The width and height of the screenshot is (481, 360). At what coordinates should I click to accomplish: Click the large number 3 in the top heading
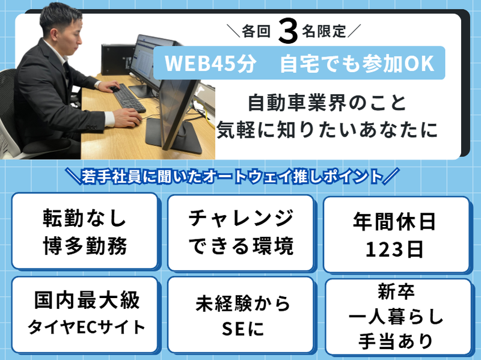(289, 31)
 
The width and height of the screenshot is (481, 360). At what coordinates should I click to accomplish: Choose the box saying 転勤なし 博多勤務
(84, 231)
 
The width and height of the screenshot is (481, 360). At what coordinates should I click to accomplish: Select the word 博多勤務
(84, 245)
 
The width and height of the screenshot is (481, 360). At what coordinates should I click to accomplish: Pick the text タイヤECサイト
(84, 327)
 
